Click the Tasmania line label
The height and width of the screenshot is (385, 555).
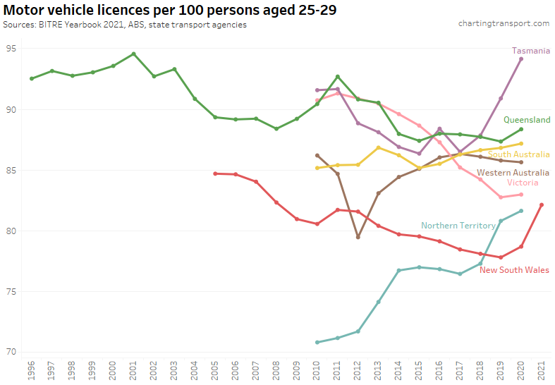pyautogui.click(x=530, y=51)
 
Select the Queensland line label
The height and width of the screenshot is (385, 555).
pyautogui.click(x=527, y=121)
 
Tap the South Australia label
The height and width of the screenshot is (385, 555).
pyautogui.click(x=518, y=154)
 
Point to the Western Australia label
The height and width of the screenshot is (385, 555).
pyautogui.click(x=513, y=173)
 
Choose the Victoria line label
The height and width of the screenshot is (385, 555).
pyautogui.click(x=523, y=183)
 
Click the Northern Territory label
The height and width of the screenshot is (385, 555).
pyautogui.click(x=458, y=226)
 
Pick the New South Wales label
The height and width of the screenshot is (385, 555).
pyautogui.click(x=514, y=270)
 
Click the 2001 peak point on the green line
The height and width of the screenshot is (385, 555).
pyautogui.click(x=133, y=54)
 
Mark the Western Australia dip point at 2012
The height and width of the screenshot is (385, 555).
pyautogui.click(x=358, y=237)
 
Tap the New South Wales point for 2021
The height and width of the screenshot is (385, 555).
pyautogui.click(x=542, y=204)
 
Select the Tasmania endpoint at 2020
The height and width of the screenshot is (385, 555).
pyautogui.click(x=521, y=59)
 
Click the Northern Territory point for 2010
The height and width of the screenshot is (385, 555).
pyautogui.click(x=317, y=342)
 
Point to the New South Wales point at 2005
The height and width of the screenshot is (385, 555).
pyautogui.click(x=215, y=173)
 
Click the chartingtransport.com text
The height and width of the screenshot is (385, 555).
pyautogui.click(x=504, y=23)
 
